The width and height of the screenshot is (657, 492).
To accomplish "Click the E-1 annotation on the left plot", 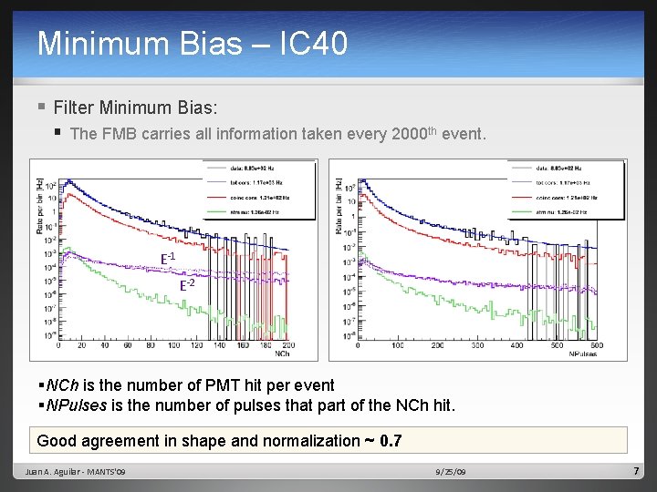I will (168, 258).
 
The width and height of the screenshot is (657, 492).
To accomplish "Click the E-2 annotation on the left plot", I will (186, 284).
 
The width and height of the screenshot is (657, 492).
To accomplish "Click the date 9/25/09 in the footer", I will (451, 472).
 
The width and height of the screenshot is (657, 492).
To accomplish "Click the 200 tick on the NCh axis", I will (290, 346).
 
